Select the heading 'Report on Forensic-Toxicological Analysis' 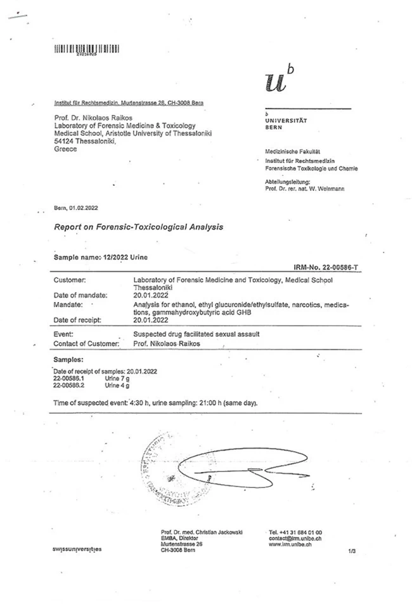(x=139, y=226)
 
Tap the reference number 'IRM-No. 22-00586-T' (x=327, y=269)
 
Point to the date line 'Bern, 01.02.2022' (x=76, y=208)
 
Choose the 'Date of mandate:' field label (x=80, y=295)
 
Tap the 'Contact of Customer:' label (x=87, y=343)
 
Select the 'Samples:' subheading (x=68, y=360)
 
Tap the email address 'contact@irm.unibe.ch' (x=295, y=537)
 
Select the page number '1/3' (x=352, y=551)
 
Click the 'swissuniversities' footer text (x=76, y=549)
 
